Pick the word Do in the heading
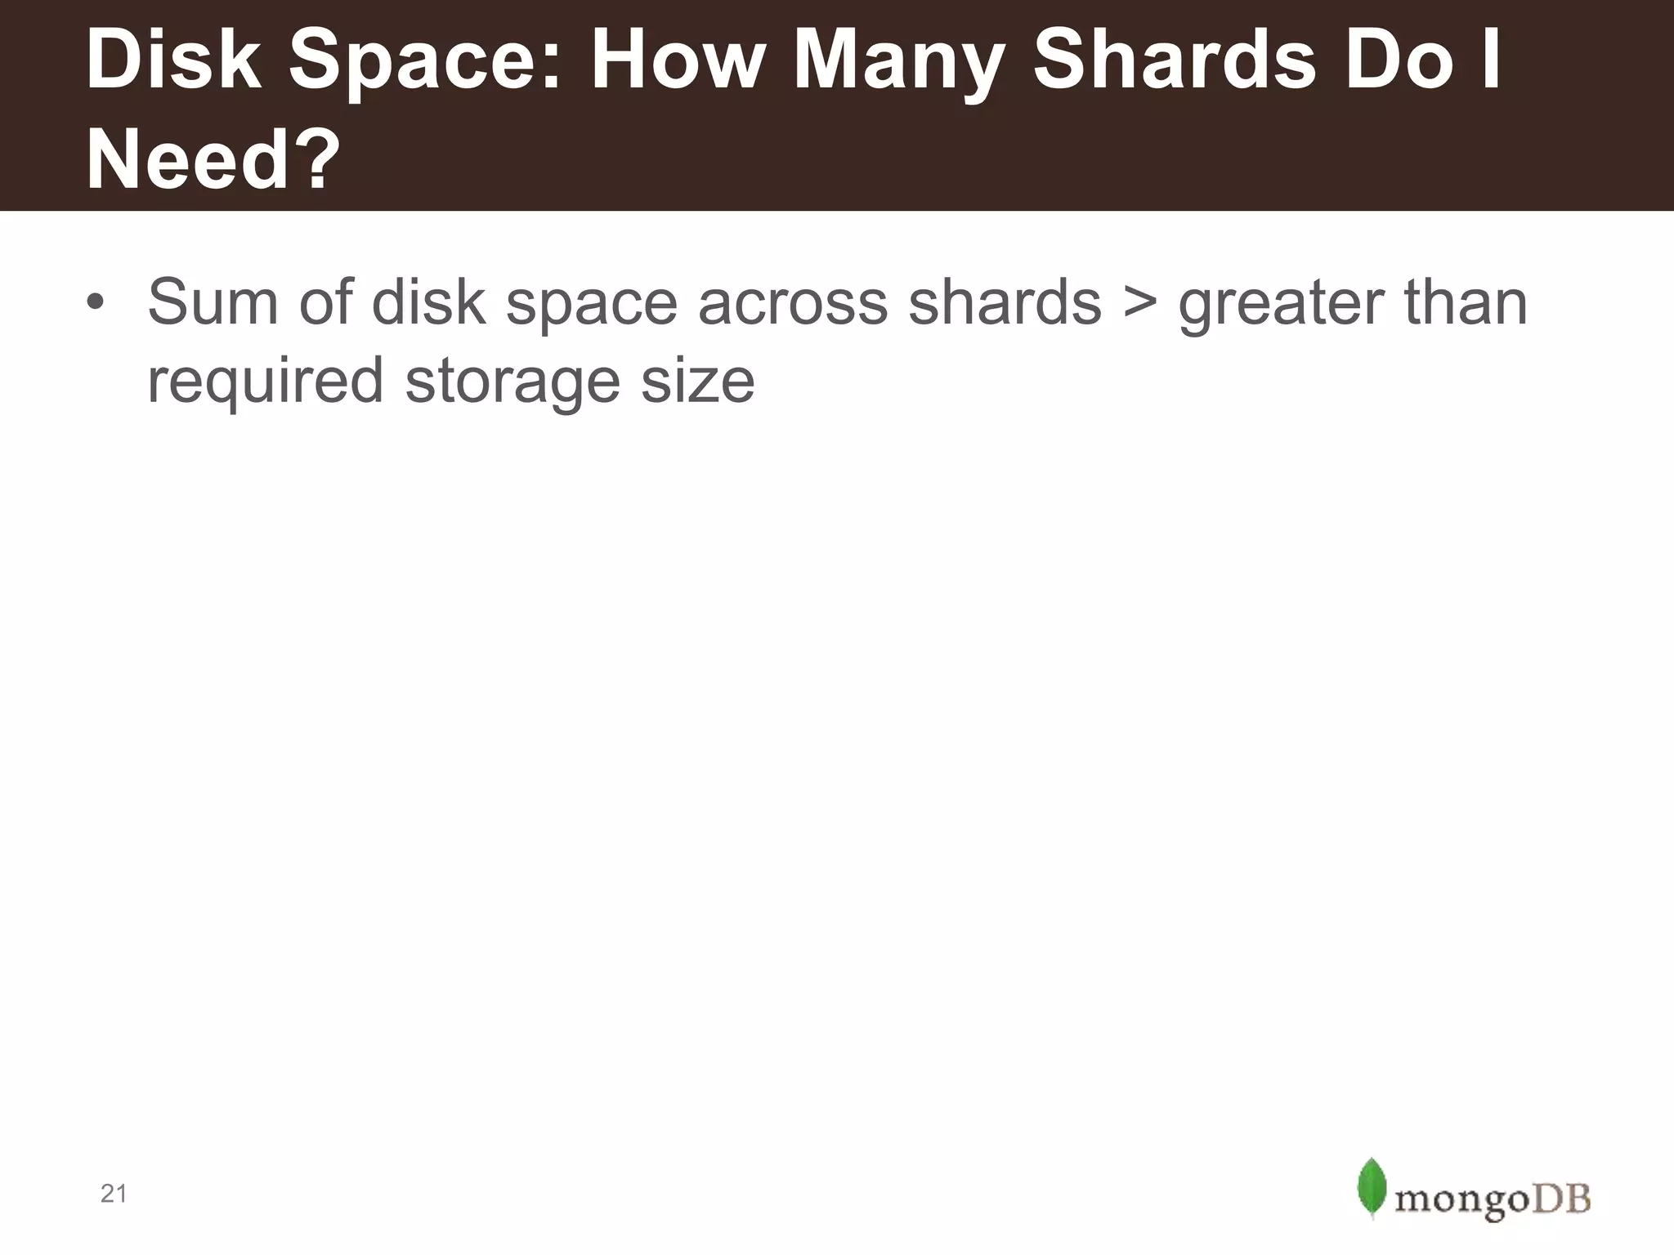pyautogui.click(x=1405, y=61)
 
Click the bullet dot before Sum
pyautogui.click(x=96, y=303)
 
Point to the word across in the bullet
pyautogui.click(x=792, y=303)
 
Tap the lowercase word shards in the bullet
pyautogui.click(x=1005, y=303)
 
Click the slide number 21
pyautogui.click(x=114, y=1194)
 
